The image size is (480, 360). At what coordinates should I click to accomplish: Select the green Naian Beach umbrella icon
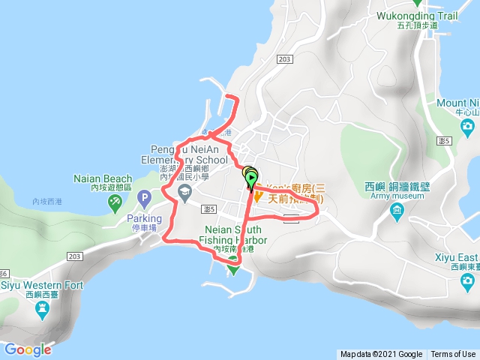click(x=115, y=201)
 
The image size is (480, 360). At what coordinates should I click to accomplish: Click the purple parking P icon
click(x=145, y=197)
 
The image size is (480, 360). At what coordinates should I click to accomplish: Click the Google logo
click(x=28, y=349)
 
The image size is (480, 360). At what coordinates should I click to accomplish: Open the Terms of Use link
click(x=452, y=354)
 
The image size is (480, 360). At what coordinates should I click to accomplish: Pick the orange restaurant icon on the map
click(x=258, y=196)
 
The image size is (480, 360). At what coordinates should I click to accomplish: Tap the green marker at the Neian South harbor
click(x=232, y=262)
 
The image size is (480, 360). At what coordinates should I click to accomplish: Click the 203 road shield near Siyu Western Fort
click(x=73, y=256)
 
